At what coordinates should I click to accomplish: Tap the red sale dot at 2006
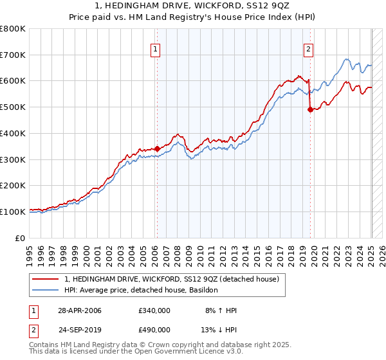(x=157, y=148)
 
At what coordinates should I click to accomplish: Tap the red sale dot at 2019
(x=310, y=109)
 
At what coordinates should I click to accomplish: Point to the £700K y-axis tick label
(x=13, y=55)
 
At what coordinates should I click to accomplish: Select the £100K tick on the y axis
(x=13, y=212)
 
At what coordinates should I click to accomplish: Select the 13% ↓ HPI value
(x=221, y=330)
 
